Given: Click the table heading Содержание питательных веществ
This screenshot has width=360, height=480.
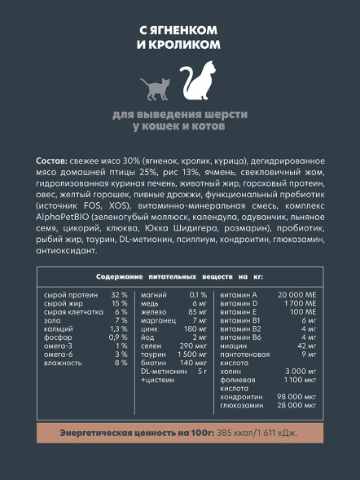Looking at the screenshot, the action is coord(155,277).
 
